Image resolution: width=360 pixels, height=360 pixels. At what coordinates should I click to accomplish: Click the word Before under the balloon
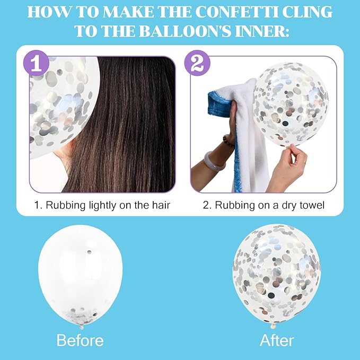[80, 340]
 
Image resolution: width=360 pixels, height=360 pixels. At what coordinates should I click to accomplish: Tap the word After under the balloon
[277, 340]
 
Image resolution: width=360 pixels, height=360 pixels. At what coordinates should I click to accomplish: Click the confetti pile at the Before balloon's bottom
[80, 315]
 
